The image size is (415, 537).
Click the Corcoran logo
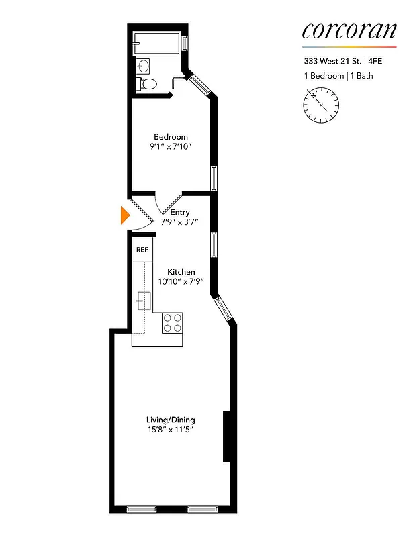(349, 30)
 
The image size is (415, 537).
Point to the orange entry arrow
(124, 215)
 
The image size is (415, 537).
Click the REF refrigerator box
(142, 250)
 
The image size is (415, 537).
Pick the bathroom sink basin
(144, 66)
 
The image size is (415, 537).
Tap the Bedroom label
(171, 137)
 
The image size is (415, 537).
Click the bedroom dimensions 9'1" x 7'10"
(171, 147)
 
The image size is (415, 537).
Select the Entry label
(180, 213)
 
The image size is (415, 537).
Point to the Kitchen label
(181, 272)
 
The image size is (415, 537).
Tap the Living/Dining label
(171, 420)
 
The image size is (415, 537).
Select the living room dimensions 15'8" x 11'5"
(171, 430)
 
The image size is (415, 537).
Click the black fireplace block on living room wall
(227, 436)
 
